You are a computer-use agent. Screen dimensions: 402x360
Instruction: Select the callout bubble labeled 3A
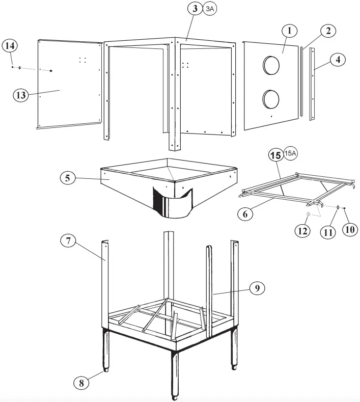tap(210, 9)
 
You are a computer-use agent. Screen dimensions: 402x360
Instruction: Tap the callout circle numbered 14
tap(10, 46)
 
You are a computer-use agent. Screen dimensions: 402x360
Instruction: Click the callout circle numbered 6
tap(246, 215)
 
